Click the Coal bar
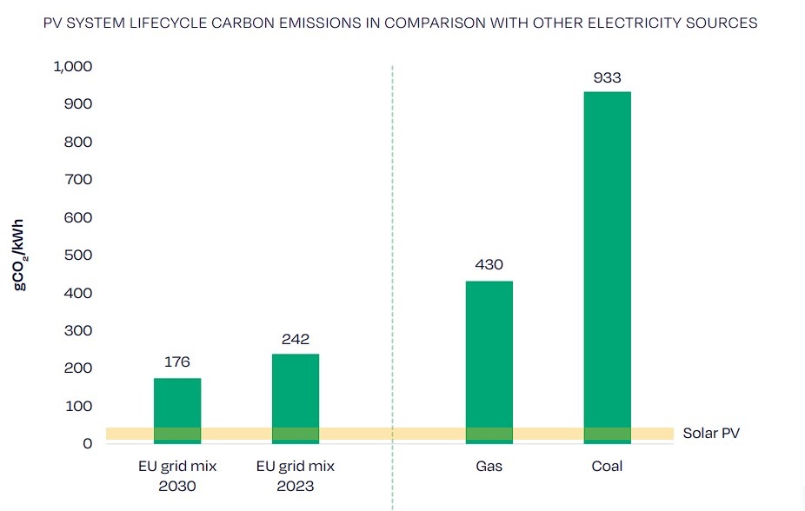607,261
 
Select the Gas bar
489,356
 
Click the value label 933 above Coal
607,77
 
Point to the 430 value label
489,265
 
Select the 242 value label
296,339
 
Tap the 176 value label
177,362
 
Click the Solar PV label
711,433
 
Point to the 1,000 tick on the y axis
74,67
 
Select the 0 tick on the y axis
87,444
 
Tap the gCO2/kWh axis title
20,255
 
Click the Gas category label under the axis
489,467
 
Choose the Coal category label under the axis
607,467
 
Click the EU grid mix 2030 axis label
177,476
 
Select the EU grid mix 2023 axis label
296,476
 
